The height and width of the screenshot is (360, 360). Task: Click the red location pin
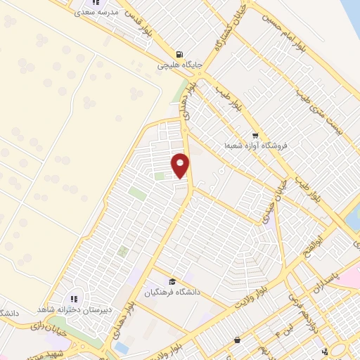coord(181,165)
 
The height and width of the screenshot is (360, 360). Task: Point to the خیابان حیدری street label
coord(270,208)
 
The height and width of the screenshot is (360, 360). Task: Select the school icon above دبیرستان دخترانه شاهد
coord(74,299)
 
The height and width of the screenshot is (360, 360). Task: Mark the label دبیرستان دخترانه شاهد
coord(74,309)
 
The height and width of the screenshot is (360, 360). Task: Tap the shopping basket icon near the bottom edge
coord(238,340)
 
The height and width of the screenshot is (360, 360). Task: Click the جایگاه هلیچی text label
coord(179,65)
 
